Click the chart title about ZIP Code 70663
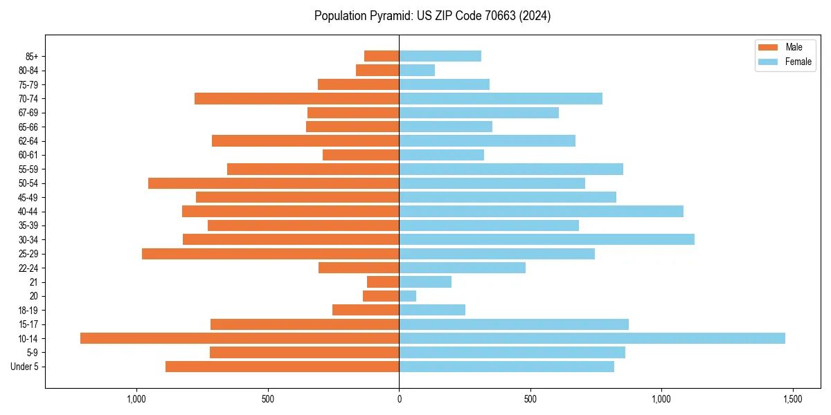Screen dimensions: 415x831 point(432,16)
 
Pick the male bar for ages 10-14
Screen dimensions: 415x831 point(240,338)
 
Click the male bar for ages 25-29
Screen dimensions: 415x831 point(270,254)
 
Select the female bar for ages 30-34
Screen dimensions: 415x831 point(546,239)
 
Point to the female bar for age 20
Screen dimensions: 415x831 point(407,296)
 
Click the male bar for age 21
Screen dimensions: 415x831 point(383,282)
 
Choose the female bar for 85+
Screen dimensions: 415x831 point(440,56)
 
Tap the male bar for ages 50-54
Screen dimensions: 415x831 point(274,183)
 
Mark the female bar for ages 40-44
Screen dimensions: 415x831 point(541,211)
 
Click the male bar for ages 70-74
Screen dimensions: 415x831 point(296,98)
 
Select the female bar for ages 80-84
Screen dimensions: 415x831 point(417,70)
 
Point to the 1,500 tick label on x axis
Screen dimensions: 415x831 point(792,399)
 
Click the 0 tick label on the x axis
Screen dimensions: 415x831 point(399,399)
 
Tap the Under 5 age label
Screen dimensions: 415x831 point(24,367)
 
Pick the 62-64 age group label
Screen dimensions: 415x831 point(28,141)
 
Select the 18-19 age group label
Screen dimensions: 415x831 point(28,311)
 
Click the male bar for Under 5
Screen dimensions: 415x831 point(282,367)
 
